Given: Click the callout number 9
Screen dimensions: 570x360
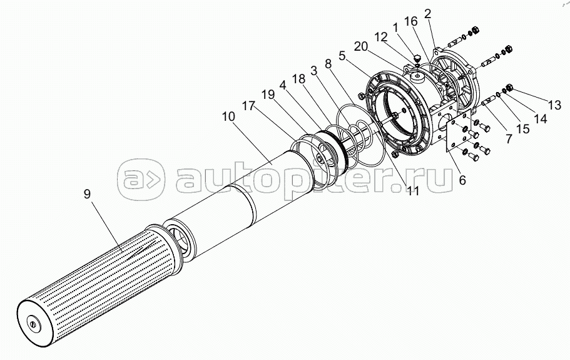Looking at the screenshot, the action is (87, 194).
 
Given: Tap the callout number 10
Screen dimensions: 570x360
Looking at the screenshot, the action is (229, 116).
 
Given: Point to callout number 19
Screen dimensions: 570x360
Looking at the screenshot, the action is (268, 95).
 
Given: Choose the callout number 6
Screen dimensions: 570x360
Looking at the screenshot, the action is (462, 180).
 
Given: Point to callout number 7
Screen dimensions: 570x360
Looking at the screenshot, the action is (508, 139).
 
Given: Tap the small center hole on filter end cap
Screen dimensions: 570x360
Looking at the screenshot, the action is (32, 324).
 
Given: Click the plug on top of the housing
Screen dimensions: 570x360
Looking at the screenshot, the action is (417, 60).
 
